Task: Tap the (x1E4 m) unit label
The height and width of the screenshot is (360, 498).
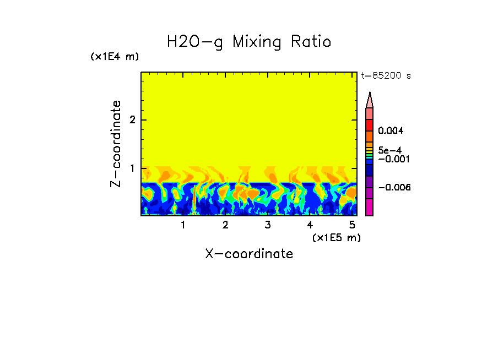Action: tap(115, 57)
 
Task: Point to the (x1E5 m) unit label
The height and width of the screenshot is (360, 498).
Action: tap(336, 237)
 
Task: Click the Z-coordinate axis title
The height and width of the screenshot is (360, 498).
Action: tap(116, 144)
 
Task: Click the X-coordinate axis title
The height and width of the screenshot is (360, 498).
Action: tap(249, 254)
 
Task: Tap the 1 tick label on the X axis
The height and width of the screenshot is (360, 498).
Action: tap(183, 225)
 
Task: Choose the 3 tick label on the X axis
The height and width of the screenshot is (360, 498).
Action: tap(267, 225)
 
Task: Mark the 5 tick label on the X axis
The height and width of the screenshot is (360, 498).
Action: tap(352, 225)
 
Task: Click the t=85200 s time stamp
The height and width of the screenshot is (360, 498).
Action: tap(386, 76)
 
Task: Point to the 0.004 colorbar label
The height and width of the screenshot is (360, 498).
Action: tap(391, 131)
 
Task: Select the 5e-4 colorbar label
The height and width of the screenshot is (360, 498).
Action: tap(389, 150)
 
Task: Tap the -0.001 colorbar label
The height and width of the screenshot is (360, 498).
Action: tap(391, 159)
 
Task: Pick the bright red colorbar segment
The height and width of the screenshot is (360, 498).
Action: tap(370, 124)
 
